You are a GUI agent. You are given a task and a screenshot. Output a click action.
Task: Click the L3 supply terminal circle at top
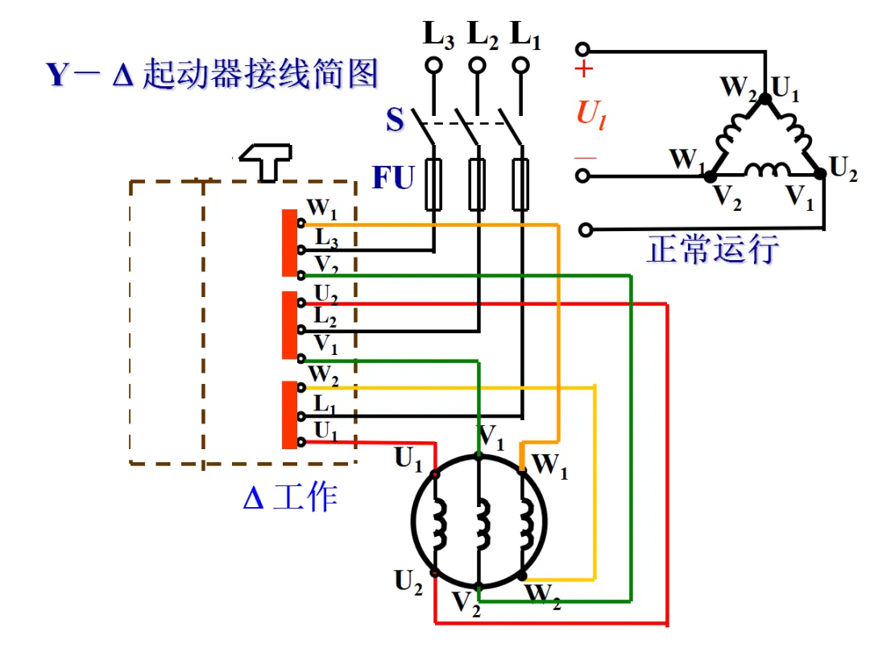(433, 65)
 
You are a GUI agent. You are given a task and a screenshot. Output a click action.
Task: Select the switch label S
(395, 119)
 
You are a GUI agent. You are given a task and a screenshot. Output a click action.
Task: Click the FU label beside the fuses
(393, 177)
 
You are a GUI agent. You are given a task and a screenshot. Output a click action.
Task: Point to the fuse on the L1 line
(520, 184)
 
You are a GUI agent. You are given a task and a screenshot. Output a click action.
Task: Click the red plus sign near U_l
(584, 69)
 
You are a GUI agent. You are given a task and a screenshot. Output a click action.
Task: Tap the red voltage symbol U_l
(591, 115)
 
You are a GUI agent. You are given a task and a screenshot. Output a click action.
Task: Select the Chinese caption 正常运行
(713, 249)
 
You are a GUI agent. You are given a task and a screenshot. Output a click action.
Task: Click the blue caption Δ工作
(290, 496)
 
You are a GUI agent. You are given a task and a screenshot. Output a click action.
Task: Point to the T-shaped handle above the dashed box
(267, 162)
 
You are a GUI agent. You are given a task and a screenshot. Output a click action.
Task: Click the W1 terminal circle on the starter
(301, 224)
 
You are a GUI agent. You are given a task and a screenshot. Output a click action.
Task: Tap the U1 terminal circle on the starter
(301, 442)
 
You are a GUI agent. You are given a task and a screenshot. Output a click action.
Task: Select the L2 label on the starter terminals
(325, 316)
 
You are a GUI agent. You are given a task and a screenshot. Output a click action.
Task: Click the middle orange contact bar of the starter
(290, 325)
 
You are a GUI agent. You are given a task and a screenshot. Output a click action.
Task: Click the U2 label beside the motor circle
(408, 582)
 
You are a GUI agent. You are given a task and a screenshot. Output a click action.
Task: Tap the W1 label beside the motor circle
(550, 465)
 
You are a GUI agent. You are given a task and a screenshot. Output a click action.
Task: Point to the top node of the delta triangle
(765, 99)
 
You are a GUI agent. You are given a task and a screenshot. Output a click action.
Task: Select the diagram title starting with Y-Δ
(212, 73)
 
